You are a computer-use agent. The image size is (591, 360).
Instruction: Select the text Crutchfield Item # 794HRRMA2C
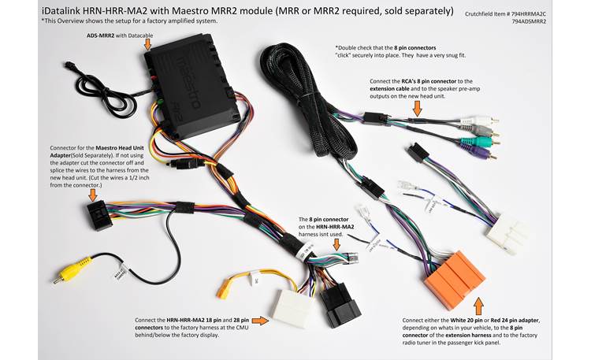tap(517, 13)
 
